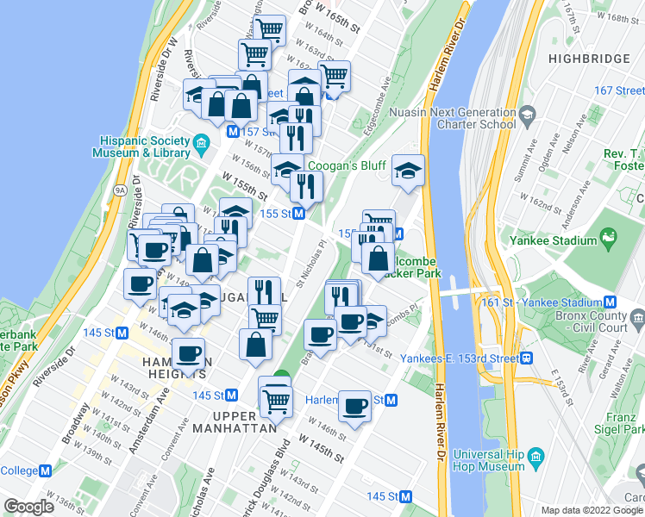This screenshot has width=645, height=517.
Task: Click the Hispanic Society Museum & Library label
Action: pyautogui.click(x=144, y=146)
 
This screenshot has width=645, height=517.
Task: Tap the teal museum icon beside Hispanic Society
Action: pyautogui.click(x=202, y=141)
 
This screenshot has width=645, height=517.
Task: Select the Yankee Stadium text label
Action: pyautogui.click(x=552, y=241)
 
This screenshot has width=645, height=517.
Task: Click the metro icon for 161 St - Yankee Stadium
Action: pyautogui.click(x=610, y=302)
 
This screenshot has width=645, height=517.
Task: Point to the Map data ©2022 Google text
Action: pyautogui.click(x=592, y=510)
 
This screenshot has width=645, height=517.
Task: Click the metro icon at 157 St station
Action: pyautogui.click(x=232, y=131)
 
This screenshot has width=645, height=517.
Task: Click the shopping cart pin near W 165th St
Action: pyautogui.click(x=270, y=31)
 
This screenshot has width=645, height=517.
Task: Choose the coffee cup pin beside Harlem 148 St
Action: pyautogui.click(x=354, y=406)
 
